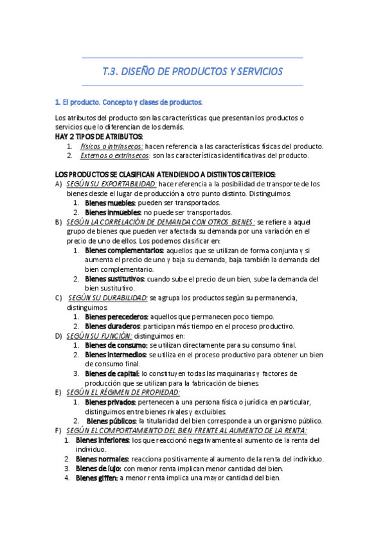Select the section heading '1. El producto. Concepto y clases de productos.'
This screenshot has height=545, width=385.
click(x=129, y=102)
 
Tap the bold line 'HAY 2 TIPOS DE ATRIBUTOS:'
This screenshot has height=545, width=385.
click(x=99, y=137)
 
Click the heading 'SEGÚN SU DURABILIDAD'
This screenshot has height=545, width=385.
click(x=107, y=298)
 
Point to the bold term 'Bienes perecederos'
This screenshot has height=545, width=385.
click(x=116, y=317)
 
